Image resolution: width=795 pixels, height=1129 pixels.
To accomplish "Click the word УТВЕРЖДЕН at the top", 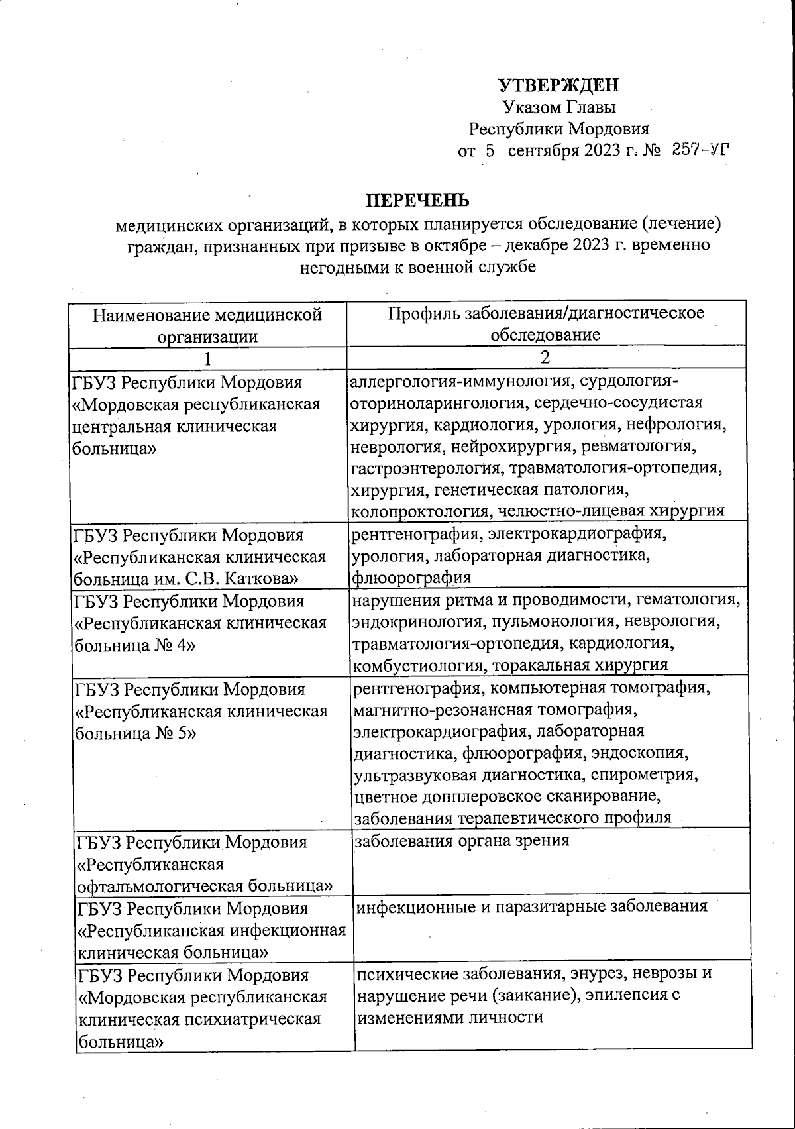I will pyautogui.click(x=558, y=85).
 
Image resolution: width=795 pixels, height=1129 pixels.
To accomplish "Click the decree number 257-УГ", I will pyautogui.click(x=700, y=150).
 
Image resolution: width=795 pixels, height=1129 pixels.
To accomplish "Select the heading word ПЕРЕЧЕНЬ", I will pyautogui.click(x=418, y=200).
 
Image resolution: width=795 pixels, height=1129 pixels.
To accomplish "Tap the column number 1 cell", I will pyautogui.click(x=207, y=358).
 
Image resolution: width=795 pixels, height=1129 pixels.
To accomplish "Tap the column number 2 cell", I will pyautogui.click(x=545, y=357).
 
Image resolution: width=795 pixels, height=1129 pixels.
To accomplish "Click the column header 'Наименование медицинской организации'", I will pyautogui.click(x=207, y=324).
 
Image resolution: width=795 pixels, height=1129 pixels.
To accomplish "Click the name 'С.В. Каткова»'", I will pyautogui.click(x=252, y=578).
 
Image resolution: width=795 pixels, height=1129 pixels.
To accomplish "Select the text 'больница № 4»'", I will pyautogui.click(x=134, y=645).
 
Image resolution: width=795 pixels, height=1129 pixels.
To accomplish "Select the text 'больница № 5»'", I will pyautogui.click(x=136, y=733).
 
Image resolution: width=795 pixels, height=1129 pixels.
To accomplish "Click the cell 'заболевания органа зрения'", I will pyautogui.click(x=462, y=841).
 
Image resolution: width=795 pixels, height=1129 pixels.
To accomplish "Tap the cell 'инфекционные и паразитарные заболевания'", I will pyautogui.click(x=532, y=906).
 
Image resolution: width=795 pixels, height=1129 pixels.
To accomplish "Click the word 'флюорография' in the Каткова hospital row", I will pyautogui.click(x=411, y=577).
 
